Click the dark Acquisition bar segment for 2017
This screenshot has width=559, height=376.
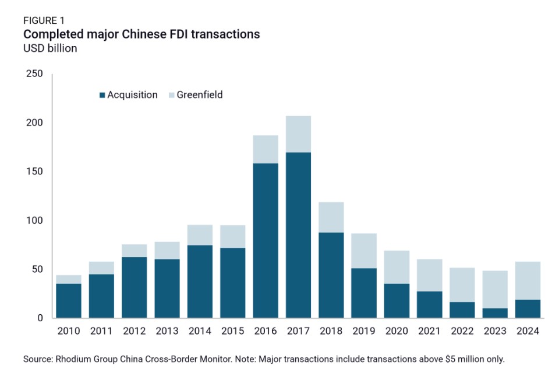click(x=298, y=235)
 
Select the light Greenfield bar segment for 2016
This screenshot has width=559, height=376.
click(x=266, y=149)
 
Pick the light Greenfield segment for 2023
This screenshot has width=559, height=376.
click(x=495, y=289)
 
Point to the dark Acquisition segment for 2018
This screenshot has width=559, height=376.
click(x=331, y=275)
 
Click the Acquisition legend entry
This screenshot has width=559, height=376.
click(x=129, y=95)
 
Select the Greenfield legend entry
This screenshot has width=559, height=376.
click(x=195, y=95)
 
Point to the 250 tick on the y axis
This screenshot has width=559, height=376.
click(x=34, y=74)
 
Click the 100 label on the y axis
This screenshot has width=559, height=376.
click(x=34, y=221)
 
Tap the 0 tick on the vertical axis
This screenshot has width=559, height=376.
click(x=40, y=318)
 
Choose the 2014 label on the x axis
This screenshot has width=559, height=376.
click(x=200, y=332)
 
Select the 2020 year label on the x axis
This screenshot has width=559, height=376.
click(x=397, y=332)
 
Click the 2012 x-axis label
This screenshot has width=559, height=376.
click(x=134, y=332)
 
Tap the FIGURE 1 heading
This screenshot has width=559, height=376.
click(x=44, y=21)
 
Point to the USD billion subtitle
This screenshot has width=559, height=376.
click(x=50, y=48)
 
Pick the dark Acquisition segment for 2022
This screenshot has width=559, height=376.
click(x=462, y=310)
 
